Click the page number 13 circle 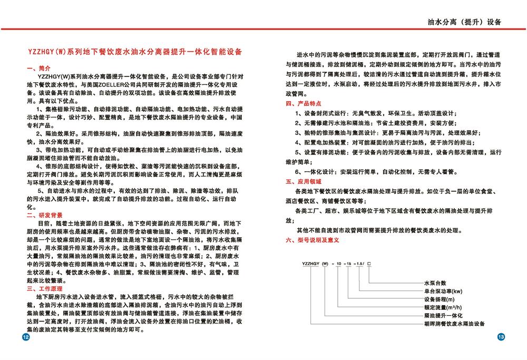tap(501, 337)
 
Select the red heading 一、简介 tap(38, 69)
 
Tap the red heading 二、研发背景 tap(45, 215)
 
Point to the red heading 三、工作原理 tap(45, 289)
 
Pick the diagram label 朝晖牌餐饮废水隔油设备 tap(454, 323)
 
